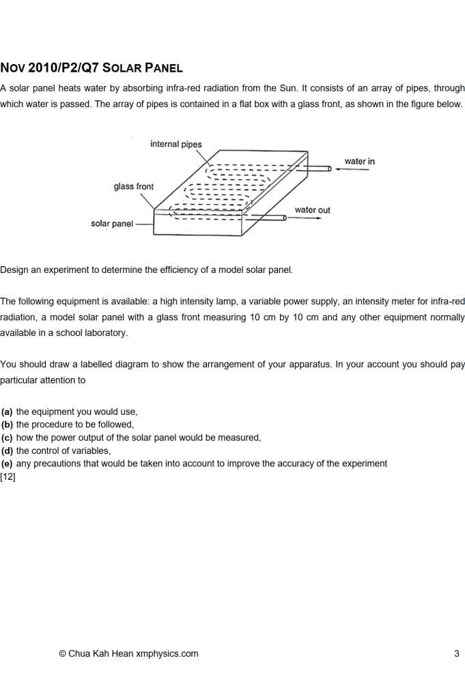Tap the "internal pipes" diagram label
coord(175,144)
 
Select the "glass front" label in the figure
coord(134,186)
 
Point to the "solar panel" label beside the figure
coord(112,224)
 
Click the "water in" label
coord(359,161)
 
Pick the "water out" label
coord(312,210)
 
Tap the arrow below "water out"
coord(308,218)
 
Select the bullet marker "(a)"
coord(7,412)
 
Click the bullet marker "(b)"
coord(7,425)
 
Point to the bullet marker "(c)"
coord(7,438)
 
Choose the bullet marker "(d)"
coord(7,451)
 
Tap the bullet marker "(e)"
coord(7,463)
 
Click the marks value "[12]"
coord(8,476)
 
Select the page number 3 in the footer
coord(457,653)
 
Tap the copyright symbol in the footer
coord(62,653)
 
